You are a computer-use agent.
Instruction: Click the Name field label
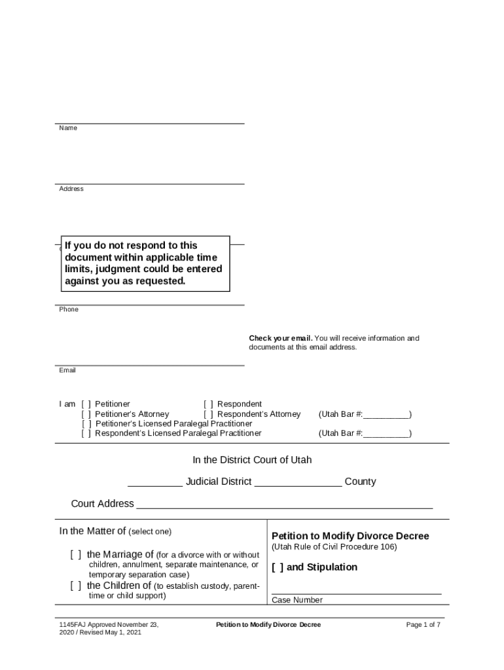(x=68, y=128)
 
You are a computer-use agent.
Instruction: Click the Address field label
(x=71, y=189)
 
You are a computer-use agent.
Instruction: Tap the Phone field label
(x=69, y=309)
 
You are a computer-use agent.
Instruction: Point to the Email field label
(x=67, y=370)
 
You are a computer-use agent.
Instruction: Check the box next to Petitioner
(x=86, y=404)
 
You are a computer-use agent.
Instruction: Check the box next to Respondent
(x=208, y=404)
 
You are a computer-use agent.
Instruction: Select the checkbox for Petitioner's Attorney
(x=86, y=414)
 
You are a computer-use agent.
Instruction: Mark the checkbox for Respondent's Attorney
(x=208, y=414)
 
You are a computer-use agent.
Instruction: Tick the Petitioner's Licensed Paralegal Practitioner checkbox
(x=86, y=424)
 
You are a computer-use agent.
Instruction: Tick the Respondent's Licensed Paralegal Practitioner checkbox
(x=86, y=433)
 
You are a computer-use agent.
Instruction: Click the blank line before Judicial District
(x=155, y=485)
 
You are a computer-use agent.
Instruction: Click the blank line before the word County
(x=298, y=485)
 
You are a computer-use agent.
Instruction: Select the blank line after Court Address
(x=284, y=507)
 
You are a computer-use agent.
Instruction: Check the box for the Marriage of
(x=76, y=555)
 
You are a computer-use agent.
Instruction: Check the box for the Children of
(x=76, y=586)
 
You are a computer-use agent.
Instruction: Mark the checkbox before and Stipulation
(x=278, y=567)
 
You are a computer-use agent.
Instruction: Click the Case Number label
(x=297, y=600)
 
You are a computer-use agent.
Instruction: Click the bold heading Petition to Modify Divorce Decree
(x=350, y=536)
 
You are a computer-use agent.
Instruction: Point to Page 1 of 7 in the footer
(x=423, y=625)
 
